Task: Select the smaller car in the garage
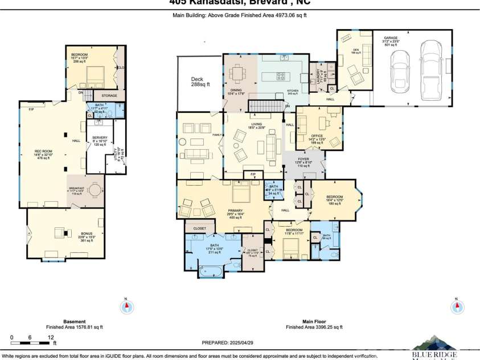(x=401, y=68)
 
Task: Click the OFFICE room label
(x=317, y=136)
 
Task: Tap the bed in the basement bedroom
(x=93, y=75)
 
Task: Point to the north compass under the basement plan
(x=126, y=307)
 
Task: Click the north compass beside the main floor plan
(x=457, y=306)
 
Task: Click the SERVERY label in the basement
(x=100, y=138)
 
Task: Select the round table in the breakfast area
(x=94, y=190)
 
